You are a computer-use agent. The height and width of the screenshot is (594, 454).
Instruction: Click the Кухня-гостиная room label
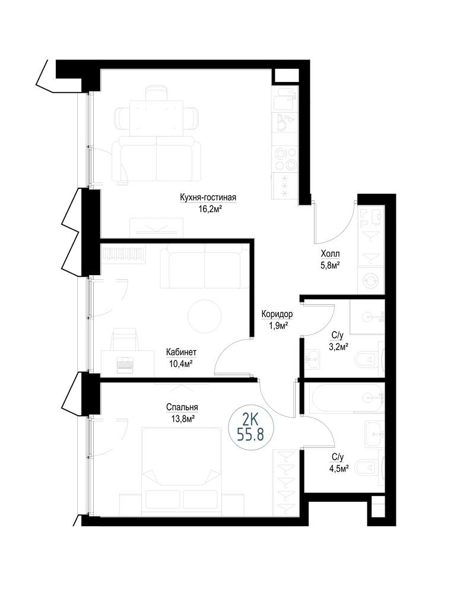coord(208,197)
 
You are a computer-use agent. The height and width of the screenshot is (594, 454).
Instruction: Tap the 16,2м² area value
coord(208,208)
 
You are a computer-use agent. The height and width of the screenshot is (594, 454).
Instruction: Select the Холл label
coord(330,254)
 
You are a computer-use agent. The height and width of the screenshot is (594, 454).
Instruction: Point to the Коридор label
coord(277,314)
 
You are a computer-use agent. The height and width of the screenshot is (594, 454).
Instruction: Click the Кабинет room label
coord(181,352)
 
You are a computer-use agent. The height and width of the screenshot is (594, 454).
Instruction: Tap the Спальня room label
coord(182,407)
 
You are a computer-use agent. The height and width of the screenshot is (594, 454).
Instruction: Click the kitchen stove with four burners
coord(285,159)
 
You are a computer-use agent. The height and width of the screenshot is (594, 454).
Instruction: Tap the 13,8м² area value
coord(182,419)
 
